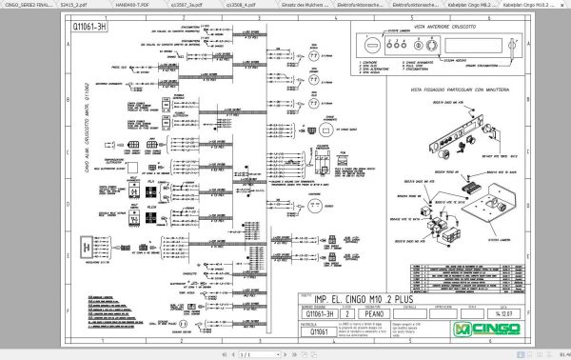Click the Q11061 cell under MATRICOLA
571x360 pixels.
[323, 330]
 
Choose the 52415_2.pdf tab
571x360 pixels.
[72, 5]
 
